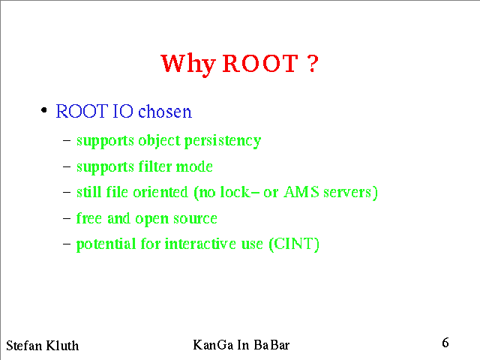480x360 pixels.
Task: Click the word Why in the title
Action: (187, 64)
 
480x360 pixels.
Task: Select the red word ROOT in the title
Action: (259, 64)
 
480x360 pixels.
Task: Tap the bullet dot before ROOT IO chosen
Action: (44, 109)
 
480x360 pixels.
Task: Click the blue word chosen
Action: (164, 112)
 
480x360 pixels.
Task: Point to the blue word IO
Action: (123, 112)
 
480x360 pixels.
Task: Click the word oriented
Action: (161, 192)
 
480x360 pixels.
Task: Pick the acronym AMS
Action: (298, 192)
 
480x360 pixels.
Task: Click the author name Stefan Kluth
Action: (42, 346)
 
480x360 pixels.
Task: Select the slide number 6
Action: (445, 343)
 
